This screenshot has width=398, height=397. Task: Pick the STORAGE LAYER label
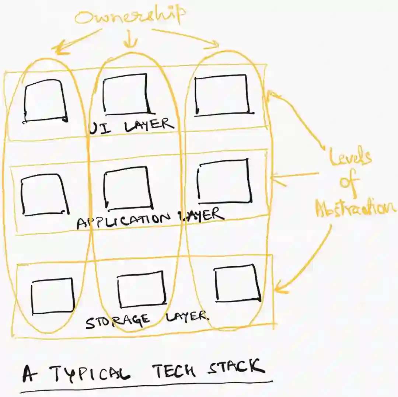146,318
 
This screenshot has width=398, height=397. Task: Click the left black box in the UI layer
45,101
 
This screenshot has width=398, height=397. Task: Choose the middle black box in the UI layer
126,93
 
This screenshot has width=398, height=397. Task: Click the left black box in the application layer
45,194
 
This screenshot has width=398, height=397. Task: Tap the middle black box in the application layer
128,188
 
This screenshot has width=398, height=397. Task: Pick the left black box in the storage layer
53,296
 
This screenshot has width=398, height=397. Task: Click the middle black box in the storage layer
141,289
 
